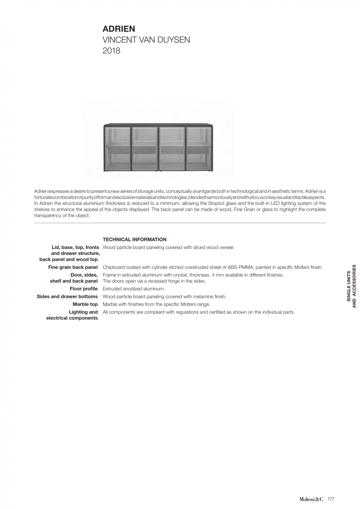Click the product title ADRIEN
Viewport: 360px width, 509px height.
(119, 29)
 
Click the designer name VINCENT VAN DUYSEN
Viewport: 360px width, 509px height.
(146, 40)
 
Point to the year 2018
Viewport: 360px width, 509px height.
(111, 51)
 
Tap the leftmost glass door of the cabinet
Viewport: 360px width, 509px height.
(117, 148)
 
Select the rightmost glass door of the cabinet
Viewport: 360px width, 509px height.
(199, 148)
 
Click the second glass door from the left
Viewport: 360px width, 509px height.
(144, 148)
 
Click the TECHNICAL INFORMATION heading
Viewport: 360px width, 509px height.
(135, 240)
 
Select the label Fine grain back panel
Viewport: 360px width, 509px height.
(73, 267)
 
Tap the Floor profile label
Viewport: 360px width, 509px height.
(84, 289)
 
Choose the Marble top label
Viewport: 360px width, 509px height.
(85, 304)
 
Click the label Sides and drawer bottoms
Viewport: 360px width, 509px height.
(67, 296)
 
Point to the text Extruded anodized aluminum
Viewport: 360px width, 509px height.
(134, 289)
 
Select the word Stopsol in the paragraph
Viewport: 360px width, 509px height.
(216, 204)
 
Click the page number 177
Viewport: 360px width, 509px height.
(331, 499)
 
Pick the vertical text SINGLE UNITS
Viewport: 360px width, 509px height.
(349, 286)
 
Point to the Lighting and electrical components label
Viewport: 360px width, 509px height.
(72, 315)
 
